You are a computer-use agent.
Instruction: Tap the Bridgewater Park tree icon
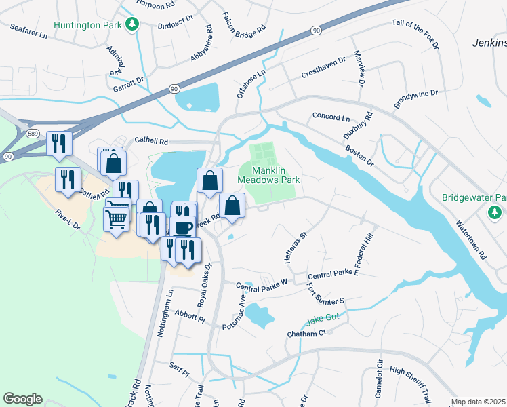tap(495, 213)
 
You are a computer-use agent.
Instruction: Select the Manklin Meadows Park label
tap(268, 175)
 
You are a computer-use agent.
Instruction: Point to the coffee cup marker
tap(184, 227)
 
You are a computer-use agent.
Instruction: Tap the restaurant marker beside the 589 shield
tap(59, 143)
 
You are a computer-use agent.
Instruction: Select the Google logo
tap(22, 399)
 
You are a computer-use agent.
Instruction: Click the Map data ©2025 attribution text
tap(479, 402)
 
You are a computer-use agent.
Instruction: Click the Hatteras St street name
tap(296, 248)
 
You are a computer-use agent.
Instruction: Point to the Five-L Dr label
tap(68, 220)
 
